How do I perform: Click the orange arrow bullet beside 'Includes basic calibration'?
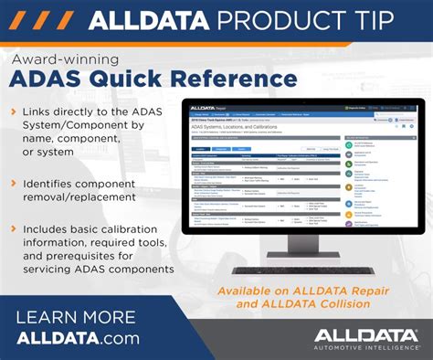13,226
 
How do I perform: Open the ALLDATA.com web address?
79,338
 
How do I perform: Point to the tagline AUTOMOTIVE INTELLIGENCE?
364,348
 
